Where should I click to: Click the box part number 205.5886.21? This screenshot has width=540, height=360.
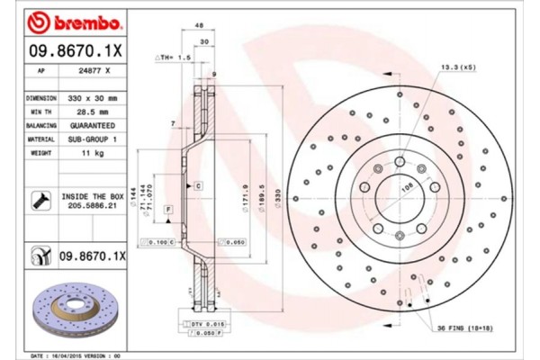94,206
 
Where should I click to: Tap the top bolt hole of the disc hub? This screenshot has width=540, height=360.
399,162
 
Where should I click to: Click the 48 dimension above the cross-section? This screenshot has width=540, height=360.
197,27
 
